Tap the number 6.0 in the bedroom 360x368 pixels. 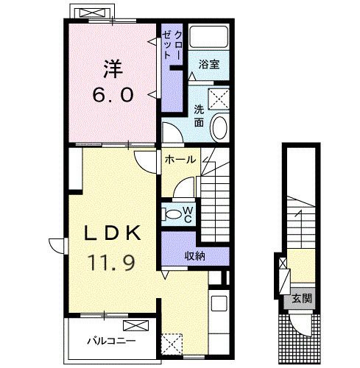[113, 95]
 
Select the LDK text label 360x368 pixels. [113, 233]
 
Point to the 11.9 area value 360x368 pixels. [113, 262]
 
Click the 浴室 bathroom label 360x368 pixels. [209, 64]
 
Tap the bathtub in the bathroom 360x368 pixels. [209, 37]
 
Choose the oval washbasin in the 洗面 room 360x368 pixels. [219, 127]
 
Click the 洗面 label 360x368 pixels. [199, 116]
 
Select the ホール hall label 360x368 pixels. [180, 160]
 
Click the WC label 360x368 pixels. [188, 214]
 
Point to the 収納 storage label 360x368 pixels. [195, 257]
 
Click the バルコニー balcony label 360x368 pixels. [111, 341]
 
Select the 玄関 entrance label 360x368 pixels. [302, 299]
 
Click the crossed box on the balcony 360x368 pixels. [136, 325]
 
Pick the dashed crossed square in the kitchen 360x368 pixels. [172, 344]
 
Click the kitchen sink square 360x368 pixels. [219, 303]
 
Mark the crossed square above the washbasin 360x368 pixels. [219, 99]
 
